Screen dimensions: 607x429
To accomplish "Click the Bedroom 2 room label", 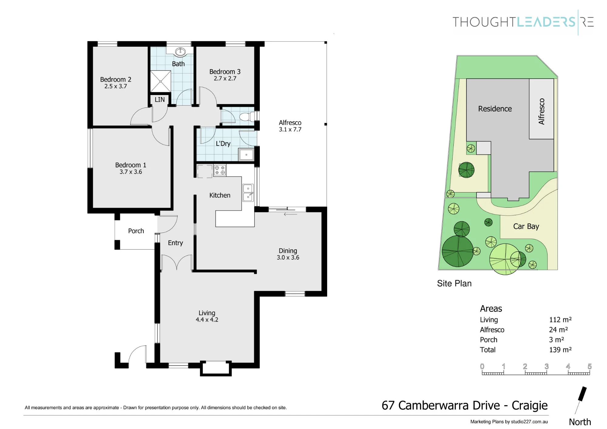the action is pyautogui.click(x=116, y=80).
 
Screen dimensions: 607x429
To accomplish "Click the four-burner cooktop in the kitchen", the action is pyautogui.click(x=220, y=170).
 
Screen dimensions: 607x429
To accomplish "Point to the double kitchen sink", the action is pyautogui.click(x=248, y=192).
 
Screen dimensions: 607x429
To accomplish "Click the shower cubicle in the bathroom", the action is pyautogui.click(x=161, y=81).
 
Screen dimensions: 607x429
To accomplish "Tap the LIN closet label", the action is pyautogui.click(x=160, y=100).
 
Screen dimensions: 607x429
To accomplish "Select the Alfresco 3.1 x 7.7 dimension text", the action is pyautogui.click(x=290, y=129).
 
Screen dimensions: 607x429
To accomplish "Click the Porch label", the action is pyautogui.click(x=136, y=231).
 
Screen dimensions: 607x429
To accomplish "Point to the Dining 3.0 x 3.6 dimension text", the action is pyautogui.click(x=288, y=257).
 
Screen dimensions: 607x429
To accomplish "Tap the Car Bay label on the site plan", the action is pyautogui.click(x=526, y=226).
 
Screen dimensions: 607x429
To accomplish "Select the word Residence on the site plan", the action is pyautogui.click(x=495, y=109).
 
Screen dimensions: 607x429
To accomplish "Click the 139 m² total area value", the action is pyautogui.click(x=560, y=349).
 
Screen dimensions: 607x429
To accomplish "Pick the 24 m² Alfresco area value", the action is pyautogui.click(x=558, y=329).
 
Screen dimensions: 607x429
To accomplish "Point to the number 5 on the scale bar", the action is pyautogui.click(x=589, y=366).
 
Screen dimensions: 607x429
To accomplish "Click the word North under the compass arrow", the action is pyautogui.click(x=580, y=422).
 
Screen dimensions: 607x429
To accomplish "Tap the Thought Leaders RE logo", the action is pyautogui.click(x=523, y=22).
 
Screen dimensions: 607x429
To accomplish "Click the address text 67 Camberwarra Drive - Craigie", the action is pyautogui.click(x=465, y=405).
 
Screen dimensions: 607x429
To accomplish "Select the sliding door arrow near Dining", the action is pyautogui.click(x=290, y=214).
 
